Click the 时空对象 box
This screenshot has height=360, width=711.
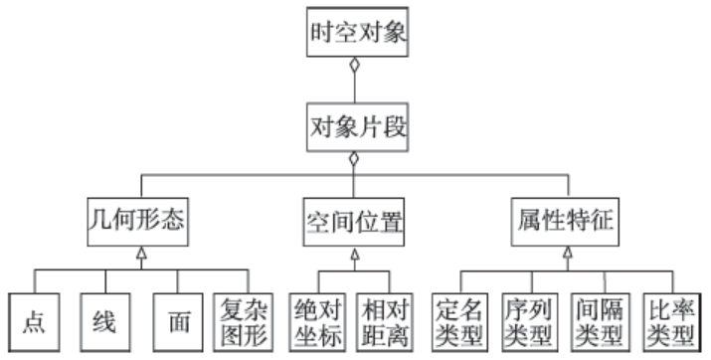coord(354,32)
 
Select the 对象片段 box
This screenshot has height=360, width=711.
coord(354,126)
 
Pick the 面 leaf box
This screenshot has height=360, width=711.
coord(176,321)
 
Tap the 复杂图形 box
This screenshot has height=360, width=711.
coord(243,321)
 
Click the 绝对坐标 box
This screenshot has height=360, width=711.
coord(318,321)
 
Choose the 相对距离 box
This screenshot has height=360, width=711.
coord(386,321)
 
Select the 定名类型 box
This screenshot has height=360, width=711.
coord(460,321)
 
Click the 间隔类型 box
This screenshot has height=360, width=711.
coord(601,321)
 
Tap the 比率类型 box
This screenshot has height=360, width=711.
coord(671,321)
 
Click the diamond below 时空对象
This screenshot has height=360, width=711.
coord(354,69)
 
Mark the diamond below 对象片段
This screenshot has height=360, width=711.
coord(354,159)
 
